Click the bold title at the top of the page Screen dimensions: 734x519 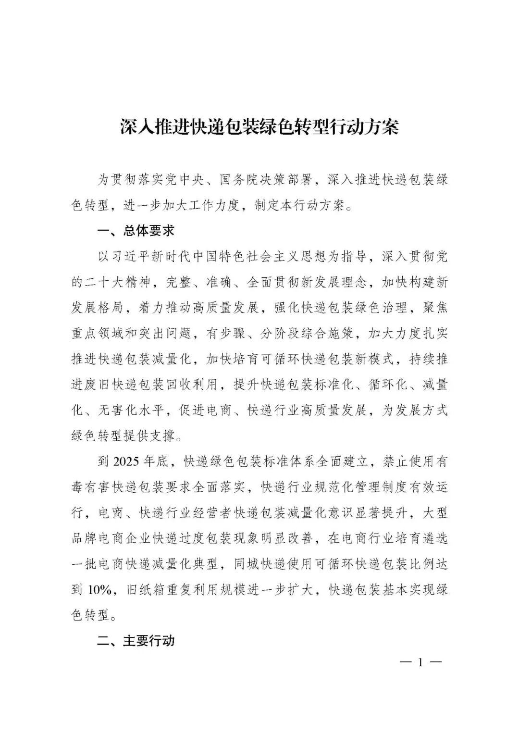click(259, 127)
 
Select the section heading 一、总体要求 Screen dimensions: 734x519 click(136, 231)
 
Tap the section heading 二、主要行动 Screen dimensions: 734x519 click(136, 641)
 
